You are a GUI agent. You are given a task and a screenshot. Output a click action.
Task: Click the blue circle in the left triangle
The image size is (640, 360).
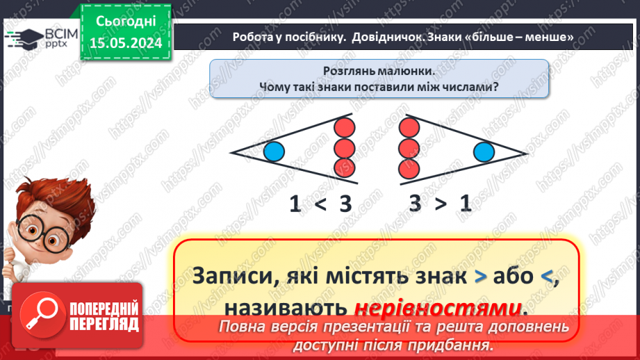(274, 151)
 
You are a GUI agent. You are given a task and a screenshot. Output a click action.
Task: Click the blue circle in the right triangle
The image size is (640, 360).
(484, 151)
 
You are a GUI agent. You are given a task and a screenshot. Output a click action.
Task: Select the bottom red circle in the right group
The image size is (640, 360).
(409, 167)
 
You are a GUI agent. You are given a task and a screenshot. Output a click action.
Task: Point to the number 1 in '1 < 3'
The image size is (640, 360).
(295, 204)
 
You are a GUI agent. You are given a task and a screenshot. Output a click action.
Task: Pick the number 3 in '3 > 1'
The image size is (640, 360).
(416, 204)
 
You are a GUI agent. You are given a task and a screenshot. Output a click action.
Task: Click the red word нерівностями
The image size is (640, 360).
(438, 306)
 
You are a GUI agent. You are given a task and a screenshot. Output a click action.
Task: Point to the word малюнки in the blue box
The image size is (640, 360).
(403, 71)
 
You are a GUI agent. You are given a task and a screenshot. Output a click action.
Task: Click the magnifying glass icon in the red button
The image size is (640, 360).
(39, 315)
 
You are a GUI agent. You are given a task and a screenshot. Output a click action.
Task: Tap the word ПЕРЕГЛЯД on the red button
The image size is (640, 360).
(104, 325)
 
